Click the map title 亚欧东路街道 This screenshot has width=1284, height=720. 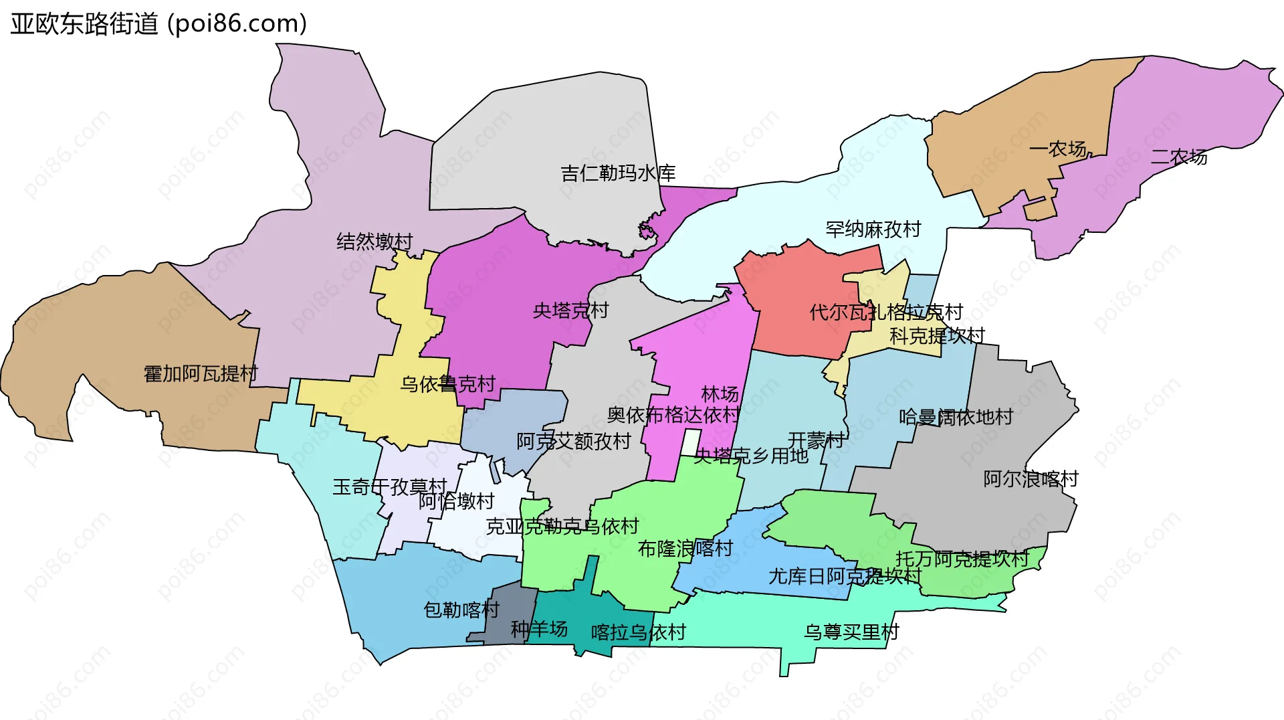pyautogui.click(x=84, y=23)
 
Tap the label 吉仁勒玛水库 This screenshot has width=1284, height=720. pyautogui.click(x=618, y=173)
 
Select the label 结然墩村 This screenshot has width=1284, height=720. pyautogui.click(x=374, y=241)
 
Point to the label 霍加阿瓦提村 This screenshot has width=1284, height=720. pyautogui.click(x=201, y=373)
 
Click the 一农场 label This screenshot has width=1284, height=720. pyautogui.click(x=1057, y=149)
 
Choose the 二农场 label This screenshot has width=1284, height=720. pyautogui.click(x=1178, y=157)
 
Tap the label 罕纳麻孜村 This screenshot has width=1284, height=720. pyautogui.click(x=873, y=230)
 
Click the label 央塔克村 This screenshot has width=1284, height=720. pyautogui.click(x=570, y=310)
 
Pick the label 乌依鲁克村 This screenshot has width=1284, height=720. pyautogui.click(x=447, y=384)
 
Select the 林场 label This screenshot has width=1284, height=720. pyautogui.click(x=720, y=394)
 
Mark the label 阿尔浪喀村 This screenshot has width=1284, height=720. pyautogui.click(x=1031, y=479)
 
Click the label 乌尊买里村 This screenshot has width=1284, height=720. pyautogui.click(x=851, y=632)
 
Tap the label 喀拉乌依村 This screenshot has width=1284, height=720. pyautogui.click(x=638, y=632)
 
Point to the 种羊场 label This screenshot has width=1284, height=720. pyautogui.click(x=539, y=629)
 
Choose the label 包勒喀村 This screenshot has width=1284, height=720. pyautogui.click(x=461, y=610)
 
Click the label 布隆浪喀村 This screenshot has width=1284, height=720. pyautogui.click(x=685, y=549)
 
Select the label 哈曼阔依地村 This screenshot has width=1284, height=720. pyautogui.click(x=956, y=418)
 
